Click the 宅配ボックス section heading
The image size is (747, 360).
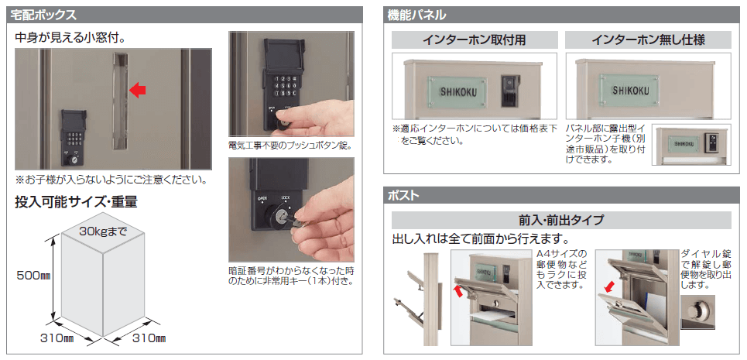tap(43, 15)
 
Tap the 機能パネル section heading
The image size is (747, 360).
tap(417, 15)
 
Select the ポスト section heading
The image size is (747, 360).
tap(403, 195)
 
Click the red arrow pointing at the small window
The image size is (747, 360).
tap(138, 90)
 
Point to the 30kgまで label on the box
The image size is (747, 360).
tap(103, 232)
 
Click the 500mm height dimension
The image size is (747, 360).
tap(33, 276)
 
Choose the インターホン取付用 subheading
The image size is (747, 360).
tap(475, 40)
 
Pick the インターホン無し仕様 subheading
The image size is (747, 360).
tap(648, 40)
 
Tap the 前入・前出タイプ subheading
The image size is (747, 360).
tap(561, 221)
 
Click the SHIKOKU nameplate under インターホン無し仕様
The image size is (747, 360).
tap(629, 90)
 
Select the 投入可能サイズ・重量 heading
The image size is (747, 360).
tap(76, 202)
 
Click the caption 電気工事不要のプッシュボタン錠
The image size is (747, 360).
tap(290, 146)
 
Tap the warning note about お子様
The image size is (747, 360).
tap(111, 180)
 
